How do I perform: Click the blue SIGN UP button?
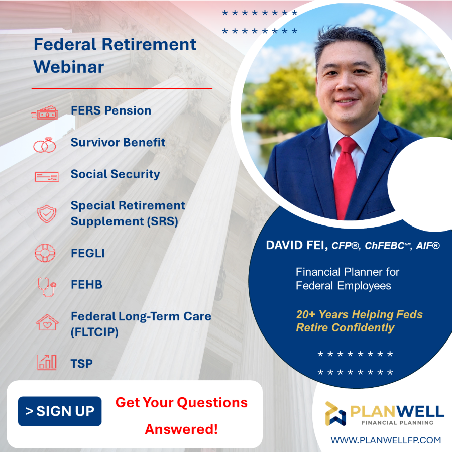pos(60,411)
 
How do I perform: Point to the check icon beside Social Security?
pos(46,176)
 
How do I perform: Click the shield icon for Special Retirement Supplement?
pos(47,213)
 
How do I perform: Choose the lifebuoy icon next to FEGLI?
pos(45,253)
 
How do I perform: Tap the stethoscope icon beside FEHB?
pos(46,286)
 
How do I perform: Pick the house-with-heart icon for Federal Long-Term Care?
pos(47,322)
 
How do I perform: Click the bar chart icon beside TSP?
pos(47,362)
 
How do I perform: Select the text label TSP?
pos(82,364)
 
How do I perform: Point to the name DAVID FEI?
pos(296,246)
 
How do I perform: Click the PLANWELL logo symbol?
pos(335,413)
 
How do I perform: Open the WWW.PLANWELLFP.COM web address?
pos(386,440)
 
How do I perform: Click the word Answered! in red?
pos(181,429)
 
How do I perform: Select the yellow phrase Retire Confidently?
pos(345,328)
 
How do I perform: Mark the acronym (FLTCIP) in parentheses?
pos(94,332)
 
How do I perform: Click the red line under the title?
pos(122,88)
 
